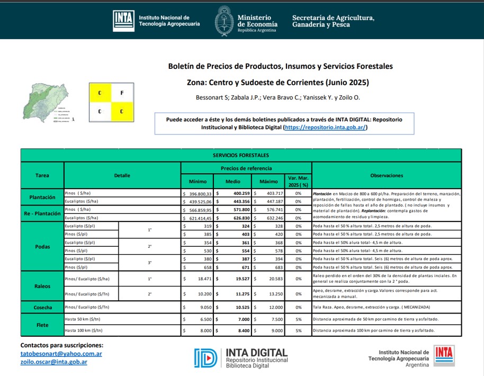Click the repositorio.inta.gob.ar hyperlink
click(x=325, y=128)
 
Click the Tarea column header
click(x=42, y=175)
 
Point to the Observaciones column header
click(x=387, y=175)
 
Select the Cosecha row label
click(x=42, y=307)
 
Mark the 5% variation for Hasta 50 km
click(x=298, y=320)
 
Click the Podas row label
click(x=42, y=247)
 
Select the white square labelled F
click(x=122, y=93)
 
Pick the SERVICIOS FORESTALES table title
click(x=241, y=155)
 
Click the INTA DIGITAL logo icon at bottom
click(x=205, y=358)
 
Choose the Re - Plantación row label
click(x=42, y=214)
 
